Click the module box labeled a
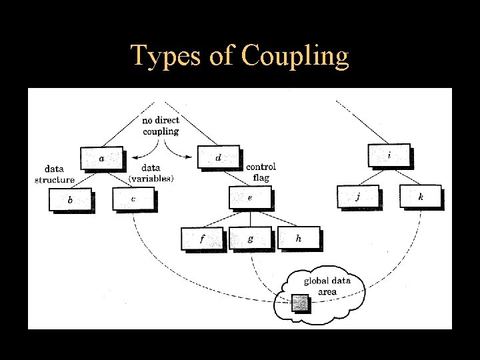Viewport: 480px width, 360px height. click(x=101, y=158)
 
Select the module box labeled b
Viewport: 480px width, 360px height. click(x=70, y=199)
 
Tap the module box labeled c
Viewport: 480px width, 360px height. click(x=133, y=199)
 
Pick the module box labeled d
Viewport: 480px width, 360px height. click(x=219, y=157)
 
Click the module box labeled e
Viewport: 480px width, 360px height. click(x=250, y=197)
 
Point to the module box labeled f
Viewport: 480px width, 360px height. click(x=202, y=238)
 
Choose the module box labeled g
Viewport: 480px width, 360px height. click(x=250, y=238)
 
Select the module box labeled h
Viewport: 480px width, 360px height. click(x=298, y=237)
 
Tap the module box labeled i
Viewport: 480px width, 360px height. click(x=389, y=155)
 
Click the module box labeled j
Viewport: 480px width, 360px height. click(x=358, y=196)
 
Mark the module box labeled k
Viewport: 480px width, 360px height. click(x=420, y=196)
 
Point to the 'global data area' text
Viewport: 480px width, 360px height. click(x=327, y=286)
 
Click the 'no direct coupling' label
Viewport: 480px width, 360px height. click(x=161, y=126)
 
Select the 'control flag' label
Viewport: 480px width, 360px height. click(x=261, y=172)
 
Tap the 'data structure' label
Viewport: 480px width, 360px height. click(x=55, y=175)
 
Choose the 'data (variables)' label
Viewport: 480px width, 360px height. click(x=151, y=173)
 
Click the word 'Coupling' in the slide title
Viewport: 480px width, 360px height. click(x=295, y=57)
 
